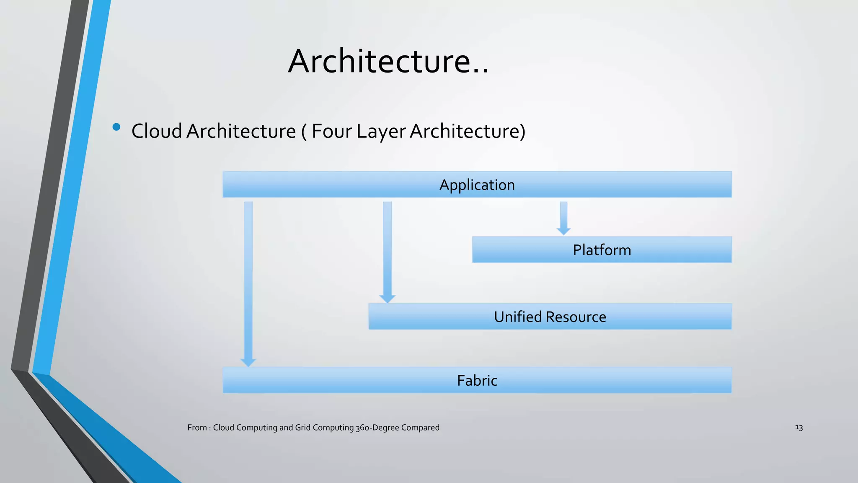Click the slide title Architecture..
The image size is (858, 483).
click(x=388, y=61)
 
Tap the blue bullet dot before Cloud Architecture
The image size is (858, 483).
click(x=116, y=127)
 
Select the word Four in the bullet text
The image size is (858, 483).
click(x=331, y=131)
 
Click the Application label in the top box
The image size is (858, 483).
click(x=477, y=185)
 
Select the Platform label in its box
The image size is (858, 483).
click(x=602, y=250)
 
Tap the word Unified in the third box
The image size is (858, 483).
click(x=518, y=317)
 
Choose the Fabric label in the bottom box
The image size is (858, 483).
click(x=477, y=381)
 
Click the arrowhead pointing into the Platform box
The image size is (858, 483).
click(x=563, y=231)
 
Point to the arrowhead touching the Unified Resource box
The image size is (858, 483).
click(x=388, y=299)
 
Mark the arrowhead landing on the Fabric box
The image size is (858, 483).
click(x=248, y=362)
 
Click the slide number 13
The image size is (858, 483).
click(x=799, y=428)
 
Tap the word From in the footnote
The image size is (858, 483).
click(x=197, y=428)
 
